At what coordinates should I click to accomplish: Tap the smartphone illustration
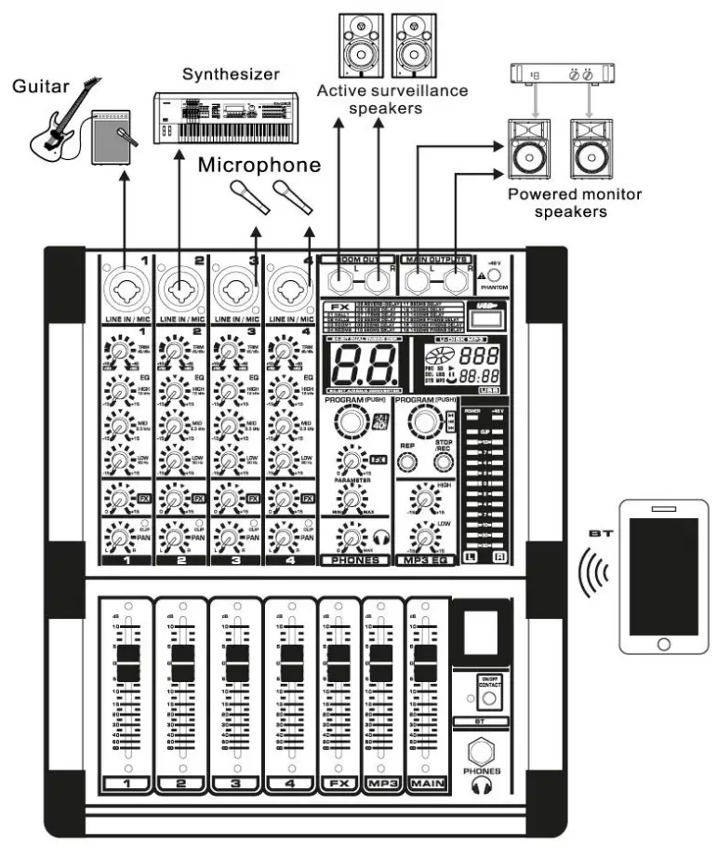pyautogui.click(x=663, y=576)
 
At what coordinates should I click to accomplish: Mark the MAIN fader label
pyautogui.click(x=426, y=785)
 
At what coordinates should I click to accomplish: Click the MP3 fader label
pyautogui.click(x=381, y=785)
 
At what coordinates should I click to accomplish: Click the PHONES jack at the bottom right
pyautogui.click(x=484, y=750)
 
